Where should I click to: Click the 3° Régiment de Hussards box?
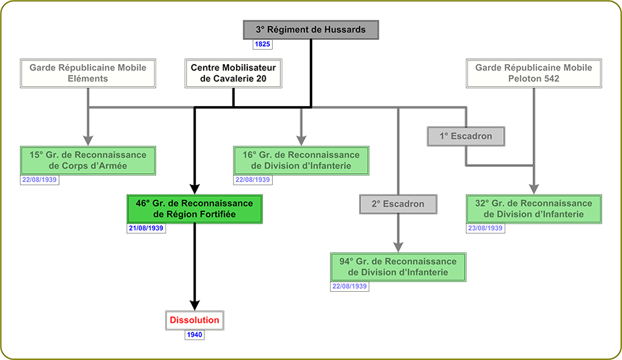click(x=310, y=30)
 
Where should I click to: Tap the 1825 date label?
click(x=262, y=44)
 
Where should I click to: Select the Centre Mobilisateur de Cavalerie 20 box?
click(x=234, y=73)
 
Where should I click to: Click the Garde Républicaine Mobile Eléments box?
click(x=88, y=73)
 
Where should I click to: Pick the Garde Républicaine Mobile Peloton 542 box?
click(x=534, y=73)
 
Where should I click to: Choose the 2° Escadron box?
click(x=397, y=203)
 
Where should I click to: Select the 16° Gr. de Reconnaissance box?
click(x=301, y=160)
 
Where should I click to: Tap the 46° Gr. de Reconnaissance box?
click(x=194, y=209)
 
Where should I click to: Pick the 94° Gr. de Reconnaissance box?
click(x=398, y=267)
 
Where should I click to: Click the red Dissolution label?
click(x=195, y=320)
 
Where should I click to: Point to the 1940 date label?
click(x=195, y=334)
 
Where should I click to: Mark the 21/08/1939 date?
click(x=146, y=228)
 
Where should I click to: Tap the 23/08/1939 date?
click(x=485, y=228)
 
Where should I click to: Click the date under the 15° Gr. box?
click(x=39, y=179)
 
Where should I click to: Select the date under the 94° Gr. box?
click(x=349, y=286)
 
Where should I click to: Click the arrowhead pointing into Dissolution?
click(x=195, y=303)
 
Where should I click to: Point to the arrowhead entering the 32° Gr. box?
click(x=534, y=188)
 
